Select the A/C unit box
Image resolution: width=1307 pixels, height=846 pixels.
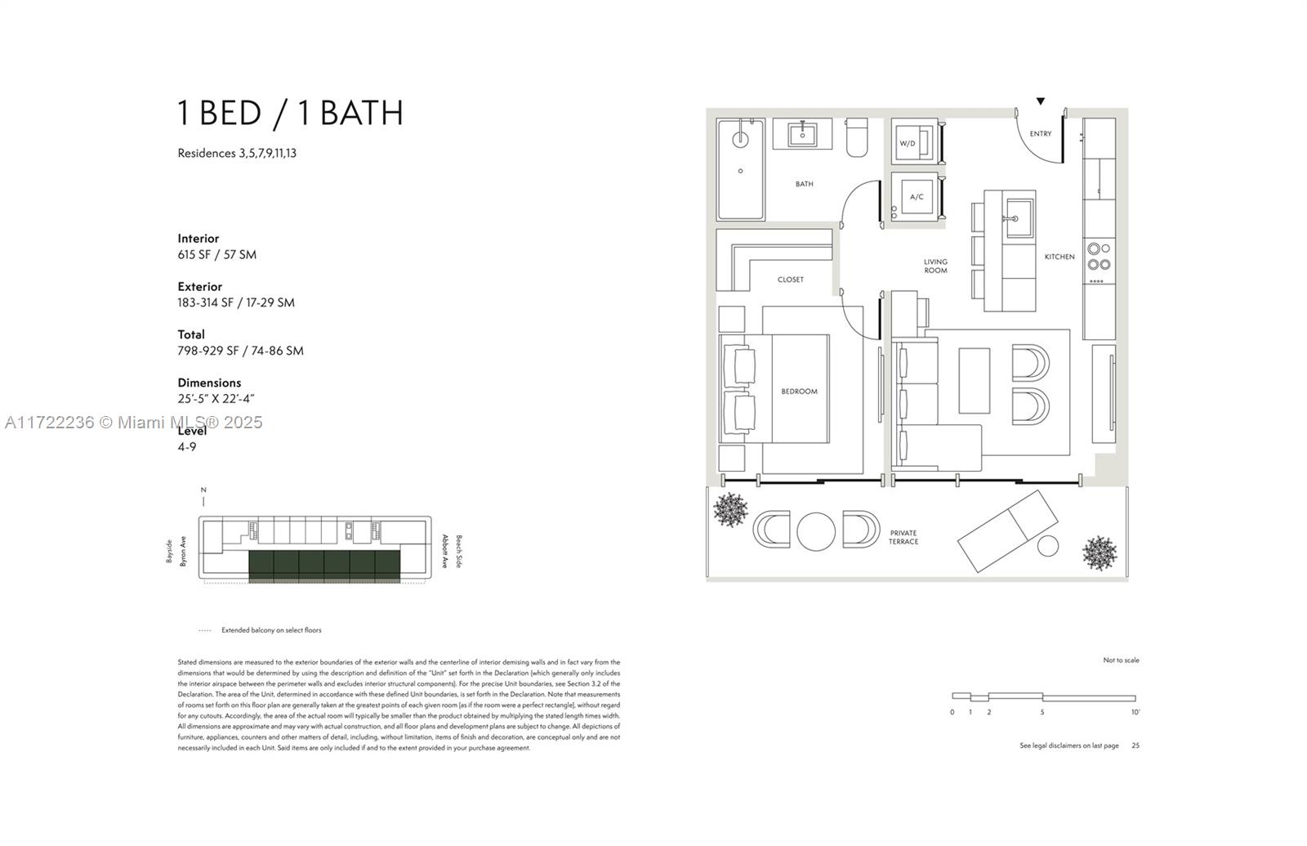tap(916, 196)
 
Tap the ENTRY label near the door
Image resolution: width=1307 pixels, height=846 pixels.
tap(1040, 134)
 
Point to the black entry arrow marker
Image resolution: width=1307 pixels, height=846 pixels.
tap(1041, 101)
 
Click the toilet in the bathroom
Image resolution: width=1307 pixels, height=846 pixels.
tap(858, 137)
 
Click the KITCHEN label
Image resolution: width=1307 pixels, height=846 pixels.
tap(1059, 257)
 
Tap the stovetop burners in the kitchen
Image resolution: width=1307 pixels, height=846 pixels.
tap(1099, 257)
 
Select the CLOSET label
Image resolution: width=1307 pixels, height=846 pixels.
tap(790, 280)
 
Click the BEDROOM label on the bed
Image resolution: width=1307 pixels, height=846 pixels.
tap(799, 392)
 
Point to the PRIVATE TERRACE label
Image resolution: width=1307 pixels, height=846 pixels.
tap(903, 537)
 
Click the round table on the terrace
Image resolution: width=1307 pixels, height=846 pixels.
tap(816, 531)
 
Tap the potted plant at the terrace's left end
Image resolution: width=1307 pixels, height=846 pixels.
tap(729, 510)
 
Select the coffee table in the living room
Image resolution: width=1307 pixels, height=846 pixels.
tap(974, 380)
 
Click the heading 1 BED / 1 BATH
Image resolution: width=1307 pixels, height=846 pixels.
tap(291, 113)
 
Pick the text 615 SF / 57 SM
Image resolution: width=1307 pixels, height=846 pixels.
tap(217, 254)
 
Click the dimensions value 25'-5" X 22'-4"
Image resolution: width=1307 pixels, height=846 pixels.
tap(216, 399)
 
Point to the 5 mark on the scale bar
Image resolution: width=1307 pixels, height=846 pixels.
tap(1042, 712)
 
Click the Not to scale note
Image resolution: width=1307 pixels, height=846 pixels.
tap(1121, 660)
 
